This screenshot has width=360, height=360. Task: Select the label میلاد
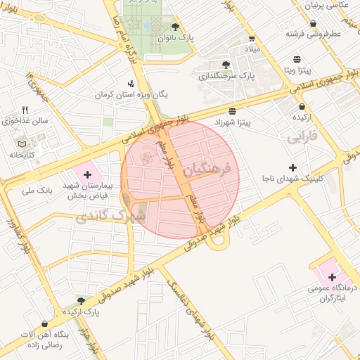[252, 50]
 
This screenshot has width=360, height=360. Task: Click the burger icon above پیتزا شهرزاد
[232, 111]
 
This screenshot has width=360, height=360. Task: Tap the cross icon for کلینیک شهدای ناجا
[292, 167]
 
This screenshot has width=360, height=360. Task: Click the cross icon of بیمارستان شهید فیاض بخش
[87, 173]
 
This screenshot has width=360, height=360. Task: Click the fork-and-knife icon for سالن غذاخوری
[26, 110]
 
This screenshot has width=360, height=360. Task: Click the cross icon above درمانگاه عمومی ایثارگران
[331, 277]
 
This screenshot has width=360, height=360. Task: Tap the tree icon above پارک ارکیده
[82, 300]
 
